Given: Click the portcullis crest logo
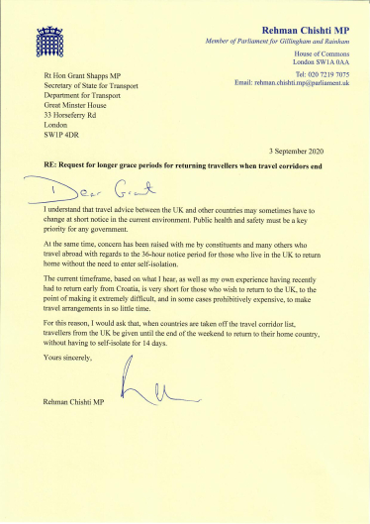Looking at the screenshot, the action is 47,41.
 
